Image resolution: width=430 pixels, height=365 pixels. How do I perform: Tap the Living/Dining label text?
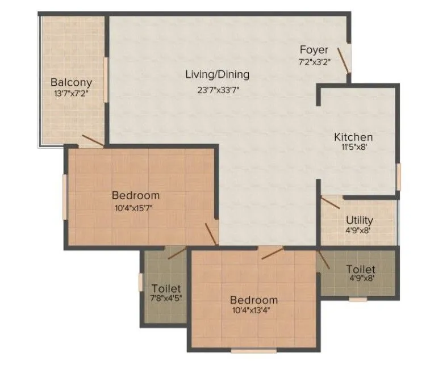pyautogui.click(x=218, y=74)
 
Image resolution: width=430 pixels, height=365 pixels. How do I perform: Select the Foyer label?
pyautogui.click(x=314, y=50)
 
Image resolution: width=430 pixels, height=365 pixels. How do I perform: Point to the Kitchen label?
pyautogui.click(x=353, y=137)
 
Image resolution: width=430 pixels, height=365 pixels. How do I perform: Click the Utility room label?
pyautogui.click(x=360, y=220)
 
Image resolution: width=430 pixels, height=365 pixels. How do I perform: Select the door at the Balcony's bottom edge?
pyautogui.click(x=91, y=140)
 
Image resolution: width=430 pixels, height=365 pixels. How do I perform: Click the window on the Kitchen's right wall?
pyautogui.click(x=399, y=177)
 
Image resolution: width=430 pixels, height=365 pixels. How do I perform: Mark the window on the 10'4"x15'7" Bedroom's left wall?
pyautogui.click(x=65, y=196)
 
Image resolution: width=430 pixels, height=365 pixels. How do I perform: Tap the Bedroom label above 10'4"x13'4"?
pyautogui.click(x=253, y=300)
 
